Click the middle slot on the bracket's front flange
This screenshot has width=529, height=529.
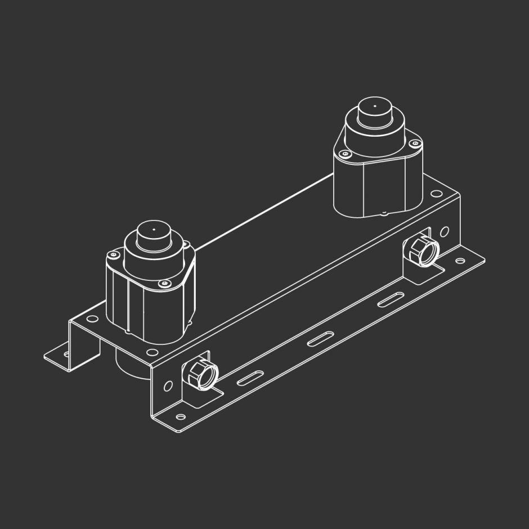319,339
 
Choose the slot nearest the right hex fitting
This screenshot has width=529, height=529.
388,300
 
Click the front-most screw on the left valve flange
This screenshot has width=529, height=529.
164,284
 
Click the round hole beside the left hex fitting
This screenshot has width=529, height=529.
168,387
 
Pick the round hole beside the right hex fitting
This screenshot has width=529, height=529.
445,231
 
